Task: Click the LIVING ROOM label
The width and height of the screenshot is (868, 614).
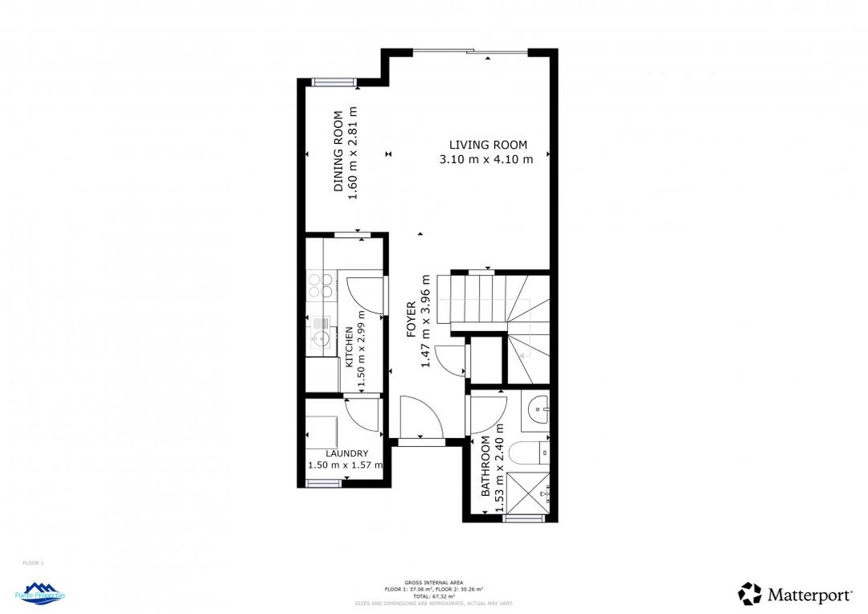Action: [x=488, y=145]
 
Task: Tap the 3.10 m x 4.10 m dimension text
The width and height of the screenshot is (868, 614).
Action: [x=486, y=159]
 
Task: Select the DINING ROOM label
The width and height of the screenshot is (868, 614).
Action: [x=339, y=151]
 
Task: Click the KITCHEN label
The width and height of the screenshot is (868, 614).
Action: [x=349, y=347]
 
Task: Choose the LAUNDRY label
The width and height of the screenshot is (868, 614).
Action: [x=346, y=453]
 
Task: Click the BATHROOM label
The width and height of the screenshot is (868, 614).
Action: [x=486, y=468]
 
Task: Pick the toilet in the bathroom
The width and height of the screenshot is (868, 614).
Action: [x=531, y=455]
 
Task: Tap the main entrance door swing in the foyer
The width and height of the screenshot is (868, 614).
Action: [x=420, y=416]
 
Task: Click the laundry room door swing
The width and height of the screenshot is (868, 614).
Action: [x=362, y=415]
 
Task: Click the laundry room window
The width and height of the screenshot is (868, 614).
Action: [x=324, y=483]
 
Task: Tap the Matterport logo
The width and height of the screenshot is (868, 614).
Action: [x=796, y=595]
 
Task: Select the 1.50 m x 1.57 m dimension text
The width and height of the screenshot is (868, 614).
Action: [x=346, y=465]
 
